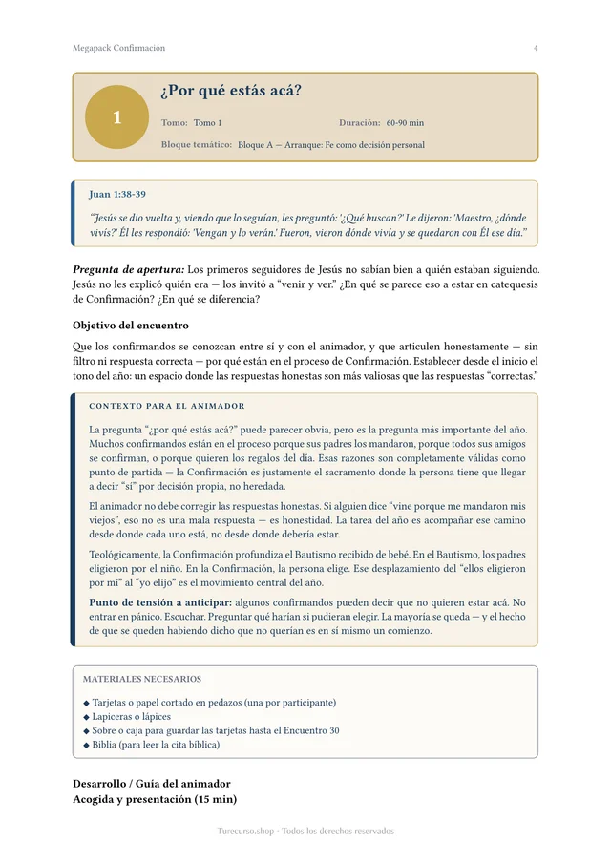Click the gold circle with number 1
coord(116,117)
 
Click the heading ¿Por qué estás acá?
coord(231,92)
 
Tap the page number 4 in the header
coord(536,48)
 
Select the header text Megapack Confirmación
coord(118,48)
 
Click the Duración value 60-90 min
coord(405,123)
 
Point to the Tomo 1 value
coord(207,123)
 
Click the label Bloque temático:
coord(197,144)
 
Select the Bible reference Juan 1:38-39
coord(117,194)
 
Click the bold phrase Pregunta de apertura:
coord(128,269)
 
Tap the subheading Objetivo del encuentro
coord(131,325)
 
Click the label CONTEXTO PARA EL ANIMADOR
coord(167,406)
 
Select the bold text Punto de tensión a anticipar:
coord(159,602)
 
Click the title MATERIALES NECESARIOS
coord(142,679)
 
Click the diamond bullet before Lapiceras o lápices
coord(87,716)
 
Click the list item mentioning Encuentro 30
coord(216,730)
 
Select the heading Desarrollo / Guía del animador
coord(152,784)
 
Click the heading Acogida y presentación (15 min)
coord(155,799)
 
